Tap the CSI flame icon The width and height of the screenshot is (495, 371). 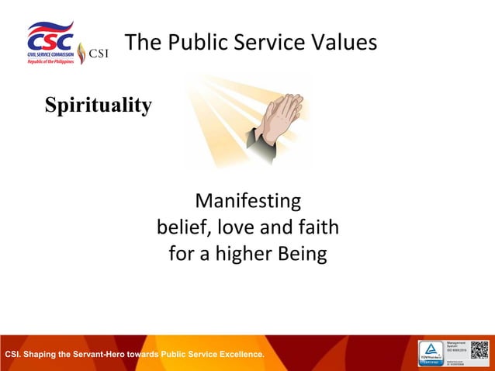point(81,54)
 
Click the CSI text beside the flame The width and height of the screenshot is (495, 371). point(99,54)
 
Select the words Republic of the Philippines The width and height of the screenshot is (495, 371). point(50,61)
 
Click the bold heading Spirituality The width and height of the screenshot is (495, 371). point(98,105)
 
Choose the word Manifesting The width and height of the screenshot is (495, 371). point(247,201)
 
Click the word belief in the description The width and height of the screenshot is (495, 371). point(183,227)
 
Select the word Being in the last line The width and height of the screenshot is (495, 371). point(300,254)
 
